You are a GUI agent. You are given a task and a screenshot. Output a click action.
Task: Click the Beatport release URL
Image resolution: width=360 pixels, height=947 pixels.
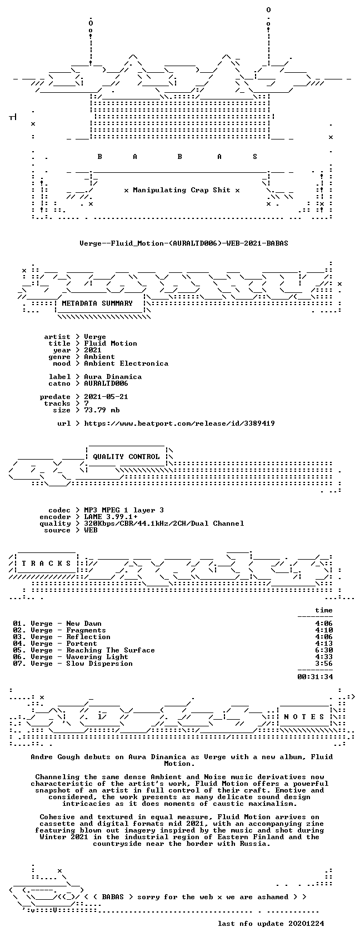(179, 423)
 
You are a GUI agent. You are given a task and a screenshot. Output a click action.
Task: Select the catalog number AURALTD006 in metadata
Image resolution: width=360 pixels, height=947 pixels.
(106, 383)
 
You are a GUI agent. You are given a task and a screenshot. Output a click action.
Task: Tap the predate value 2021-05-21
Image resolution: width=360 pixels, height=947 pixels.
(106, 397)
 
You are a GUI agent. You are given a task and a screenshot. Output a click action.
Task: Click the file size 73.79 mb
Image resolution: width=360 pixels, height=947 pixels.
(102, 410)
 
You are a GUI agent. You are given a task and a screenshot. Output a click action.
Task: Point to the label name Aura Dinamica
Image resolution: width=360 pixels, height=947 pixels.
(113, 377)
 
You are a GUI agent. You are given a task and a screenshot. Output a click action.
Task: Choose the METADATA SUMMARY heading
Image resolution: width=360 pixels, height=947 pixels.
(97, 303)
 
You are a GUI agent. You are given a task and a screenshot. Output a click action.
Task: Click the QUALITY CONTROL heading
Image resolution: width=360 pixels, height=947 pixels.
(126, 457)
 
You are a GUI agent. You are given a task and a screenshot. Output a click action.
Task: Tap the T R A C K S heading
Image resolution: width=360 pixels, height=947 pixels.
(46, 563)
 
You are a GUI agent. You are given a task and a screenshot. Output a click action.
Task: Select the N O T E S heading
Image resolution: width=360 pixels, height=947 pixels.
(304, 716)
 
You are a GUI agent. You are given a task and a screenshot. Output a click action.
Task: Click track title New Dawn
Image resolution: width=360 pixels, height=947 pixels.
(84, 624)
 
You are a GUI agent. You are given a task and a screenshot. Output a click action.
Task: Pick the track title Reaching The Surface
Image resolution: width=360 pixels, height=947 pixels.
(111, 650)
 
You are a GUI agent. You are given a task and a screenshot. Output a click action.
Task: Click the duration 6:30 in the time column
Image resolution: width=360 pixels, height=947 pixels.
(324, 650)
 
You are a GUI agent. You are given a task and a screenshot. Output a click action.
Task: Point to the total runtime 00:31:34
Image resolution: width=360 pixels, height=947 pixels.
(315, 677)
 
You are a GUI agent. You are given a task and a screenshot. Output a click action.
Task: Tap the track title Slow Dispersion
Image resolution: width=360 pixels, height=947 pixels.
(99, 664)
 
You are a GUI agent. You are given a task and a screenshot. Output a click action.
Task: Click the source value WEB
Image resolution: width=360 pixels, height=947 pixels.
(91, 530)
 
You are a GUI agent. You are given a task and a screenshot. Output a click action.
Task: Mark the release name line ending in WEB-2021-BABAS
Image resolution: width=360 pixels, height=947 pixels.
(184, 243)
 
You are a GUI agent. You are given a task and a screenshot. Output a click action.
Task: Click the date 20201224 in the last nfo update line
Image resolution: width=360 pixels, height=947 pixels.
(306, 924)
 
